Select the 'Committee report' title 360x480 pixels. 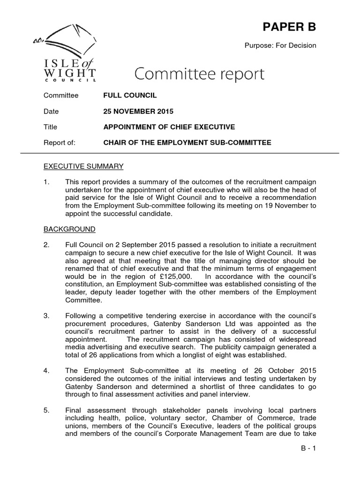200,74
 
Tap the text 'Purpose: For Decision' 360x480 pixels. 280,45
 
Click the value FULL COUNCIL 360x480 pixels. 130,96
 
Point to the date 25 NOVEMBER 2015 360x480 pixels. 138,112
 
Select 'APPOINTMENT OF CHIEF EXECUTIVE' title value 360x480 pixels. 169,127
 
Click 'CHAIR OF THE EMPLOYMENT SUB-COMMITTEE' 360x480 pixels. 187,143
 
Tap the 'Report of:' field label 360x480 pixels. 59,143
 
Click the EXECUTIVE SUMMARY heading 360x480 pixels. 83,166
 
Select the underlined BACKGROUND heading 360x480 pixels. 69,229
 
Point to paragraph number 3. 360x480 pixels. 46,316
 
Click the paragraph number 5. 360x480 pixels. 46,411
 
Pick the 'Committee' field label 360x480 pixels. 61,96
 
